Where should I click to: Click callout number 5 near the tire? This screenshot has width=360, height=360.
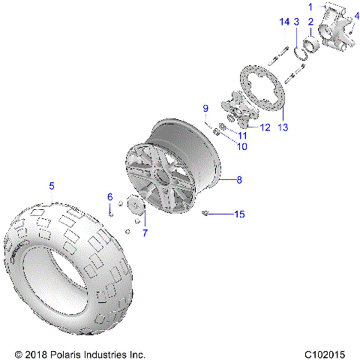tap(52, 185)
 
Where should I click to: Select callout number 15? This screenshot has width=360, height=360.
tap(239, 214)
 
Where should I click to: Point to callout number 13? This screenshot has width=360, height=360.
tap(283, 127)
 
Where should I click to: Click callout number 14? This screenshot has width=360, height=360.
tap(283, 23)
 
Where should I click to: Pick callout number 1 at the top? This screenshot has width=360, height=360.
tap(310, 7)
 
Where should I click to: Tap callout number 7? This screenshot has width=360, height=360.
tap(145, 232)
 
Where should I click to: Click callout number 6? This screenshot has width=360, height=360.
tap(109, 196)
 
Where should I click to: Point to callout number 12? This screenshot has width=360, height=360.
tap(264, 127)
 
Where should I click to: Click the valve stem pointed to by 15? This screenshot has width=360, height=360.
tap(205, 214)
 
